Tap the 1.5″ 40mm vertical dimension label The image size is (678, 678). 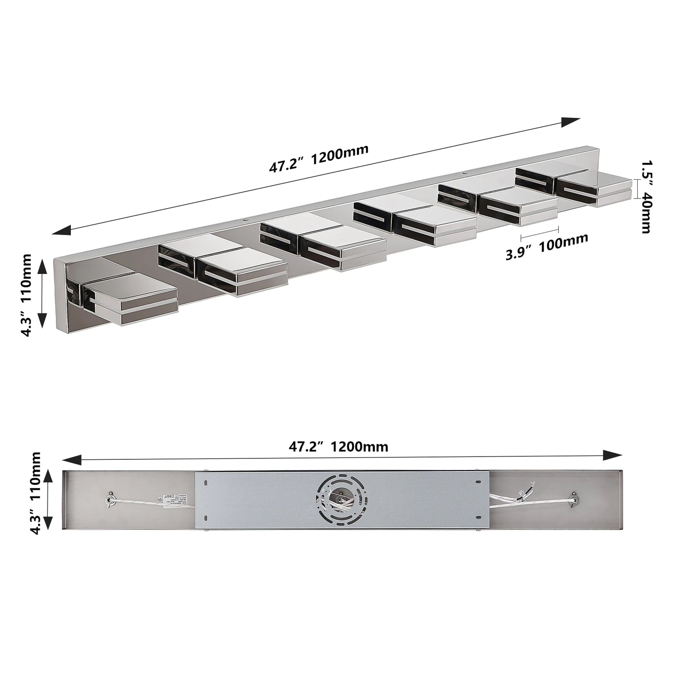point(647,197)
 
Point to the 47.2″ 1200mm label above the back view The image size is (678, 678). point(338,446)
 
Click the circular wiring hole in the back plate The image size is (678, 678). point(336,498)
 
